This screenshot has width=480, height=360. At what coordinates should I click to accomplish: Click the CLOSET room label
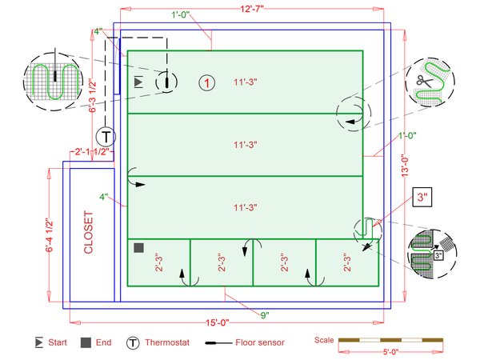[88, 232]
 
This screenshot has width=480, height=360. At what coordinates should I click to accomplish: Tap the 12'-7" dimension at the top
[252, 9]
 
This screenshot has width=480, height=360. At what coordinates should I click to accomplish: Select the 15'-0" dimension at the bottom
[218, 322]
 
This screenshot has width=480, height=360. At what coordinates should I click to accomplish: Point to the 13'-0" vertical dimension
[405, 166]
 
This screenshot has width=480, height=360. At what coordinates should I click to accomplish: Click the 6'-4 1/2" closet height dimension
[50, 235]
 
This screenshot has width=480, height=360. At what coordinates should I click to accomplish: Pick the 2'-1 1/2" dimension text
[92, 151]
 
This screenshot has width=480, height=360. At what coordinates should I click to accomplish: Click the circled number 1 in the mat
[207, 83]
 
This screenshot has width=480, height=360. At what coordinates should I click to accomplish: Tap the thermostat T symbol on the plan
[106, 137]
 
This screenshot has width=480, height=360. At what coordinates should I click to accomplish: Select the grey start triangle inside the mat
[138, 82]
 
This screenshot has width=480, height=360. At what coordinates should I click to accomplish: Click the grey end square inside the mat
[139, 248]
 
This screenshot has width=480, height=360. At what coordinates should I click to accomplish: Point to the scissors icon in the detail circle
[424, 81]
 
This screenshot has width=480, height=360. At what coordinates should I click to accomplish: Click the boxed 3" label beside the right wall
[422, 197]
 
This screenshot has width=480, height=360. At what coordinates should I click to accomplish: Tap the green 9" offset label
[265, 315]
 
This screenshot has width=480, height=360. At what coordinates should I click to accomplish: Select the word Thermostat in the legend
[167, 342]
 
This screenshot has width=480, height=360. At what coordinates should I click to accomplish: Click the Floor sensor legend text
[260, 342]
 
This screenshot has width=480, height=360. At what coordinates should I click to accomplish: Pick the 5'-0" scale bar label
[391, 352]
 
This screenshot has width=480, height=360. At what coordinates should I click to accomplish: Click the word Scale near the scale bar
[324, 340]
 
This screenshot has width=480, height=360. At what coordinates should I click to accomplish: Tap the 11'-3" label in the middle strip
[246, 145]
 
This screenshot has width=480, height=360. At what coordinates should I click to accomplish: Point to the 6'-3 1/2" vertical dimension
[93, 96]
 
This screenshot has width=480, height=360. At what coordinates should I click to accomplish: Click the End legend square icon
[86, 342]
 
